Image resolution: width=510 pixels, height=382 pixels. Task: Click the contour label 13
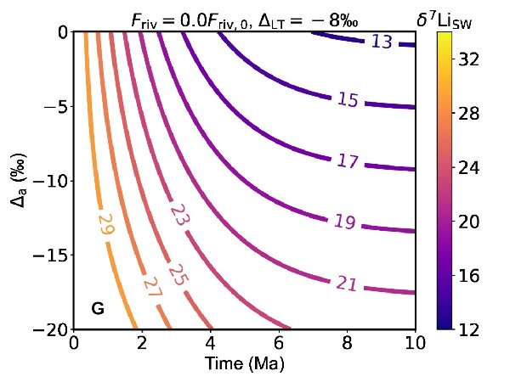coord(382,42)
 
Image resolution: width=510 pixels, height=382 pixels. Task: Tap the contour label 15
coord(348,100)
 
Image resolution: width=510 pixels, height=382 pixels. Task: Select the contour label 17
coord(347,160)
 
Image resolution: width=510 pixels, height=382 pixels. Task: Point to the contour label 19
coord(344,222)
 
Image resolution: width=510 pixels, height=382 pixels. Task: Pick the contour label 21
coord(346,284)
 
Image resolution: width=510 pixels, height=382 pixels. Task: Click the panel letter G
coord(98,309)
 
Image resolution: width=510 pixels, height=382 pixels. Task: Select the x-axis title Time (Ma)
coord(244,363)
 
